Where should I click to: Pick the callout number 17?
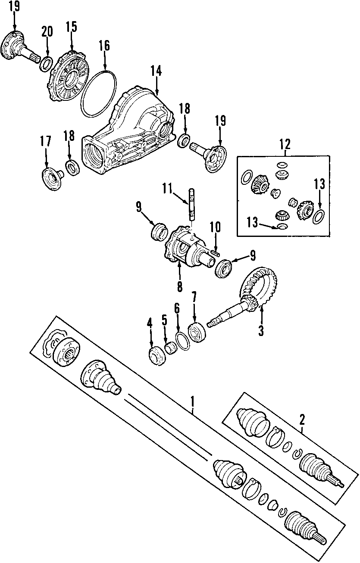(46, 141)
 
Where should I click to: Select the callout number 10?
(215, 227)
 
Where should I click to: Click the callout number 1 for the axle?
(193, 402)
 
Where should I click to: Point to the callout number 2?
(302, 418)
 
